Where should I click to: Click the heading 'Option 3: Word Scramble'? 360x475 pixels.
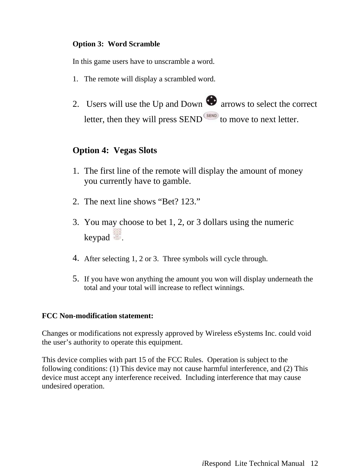pos(116,44)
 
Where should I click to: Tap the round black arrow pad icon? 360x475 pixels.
pos(211,101)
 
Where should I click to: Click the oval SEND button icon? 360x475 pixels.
pos(211,116)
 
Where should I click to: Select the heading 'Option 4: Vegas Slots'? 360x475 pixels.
pos(114,150)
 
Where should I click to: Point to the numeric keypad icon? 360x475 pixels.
pos(117,234)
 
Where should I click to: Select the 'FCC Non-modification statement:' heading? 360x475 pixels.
pos(98,316)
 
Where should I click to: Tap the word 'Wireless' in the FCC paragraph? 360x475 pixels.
pos(219,333)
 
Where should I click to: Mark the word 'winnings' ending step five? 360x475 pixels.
pos(231,288)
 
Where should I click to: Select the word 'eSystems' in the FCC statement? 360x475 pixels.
pos(248,333)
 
